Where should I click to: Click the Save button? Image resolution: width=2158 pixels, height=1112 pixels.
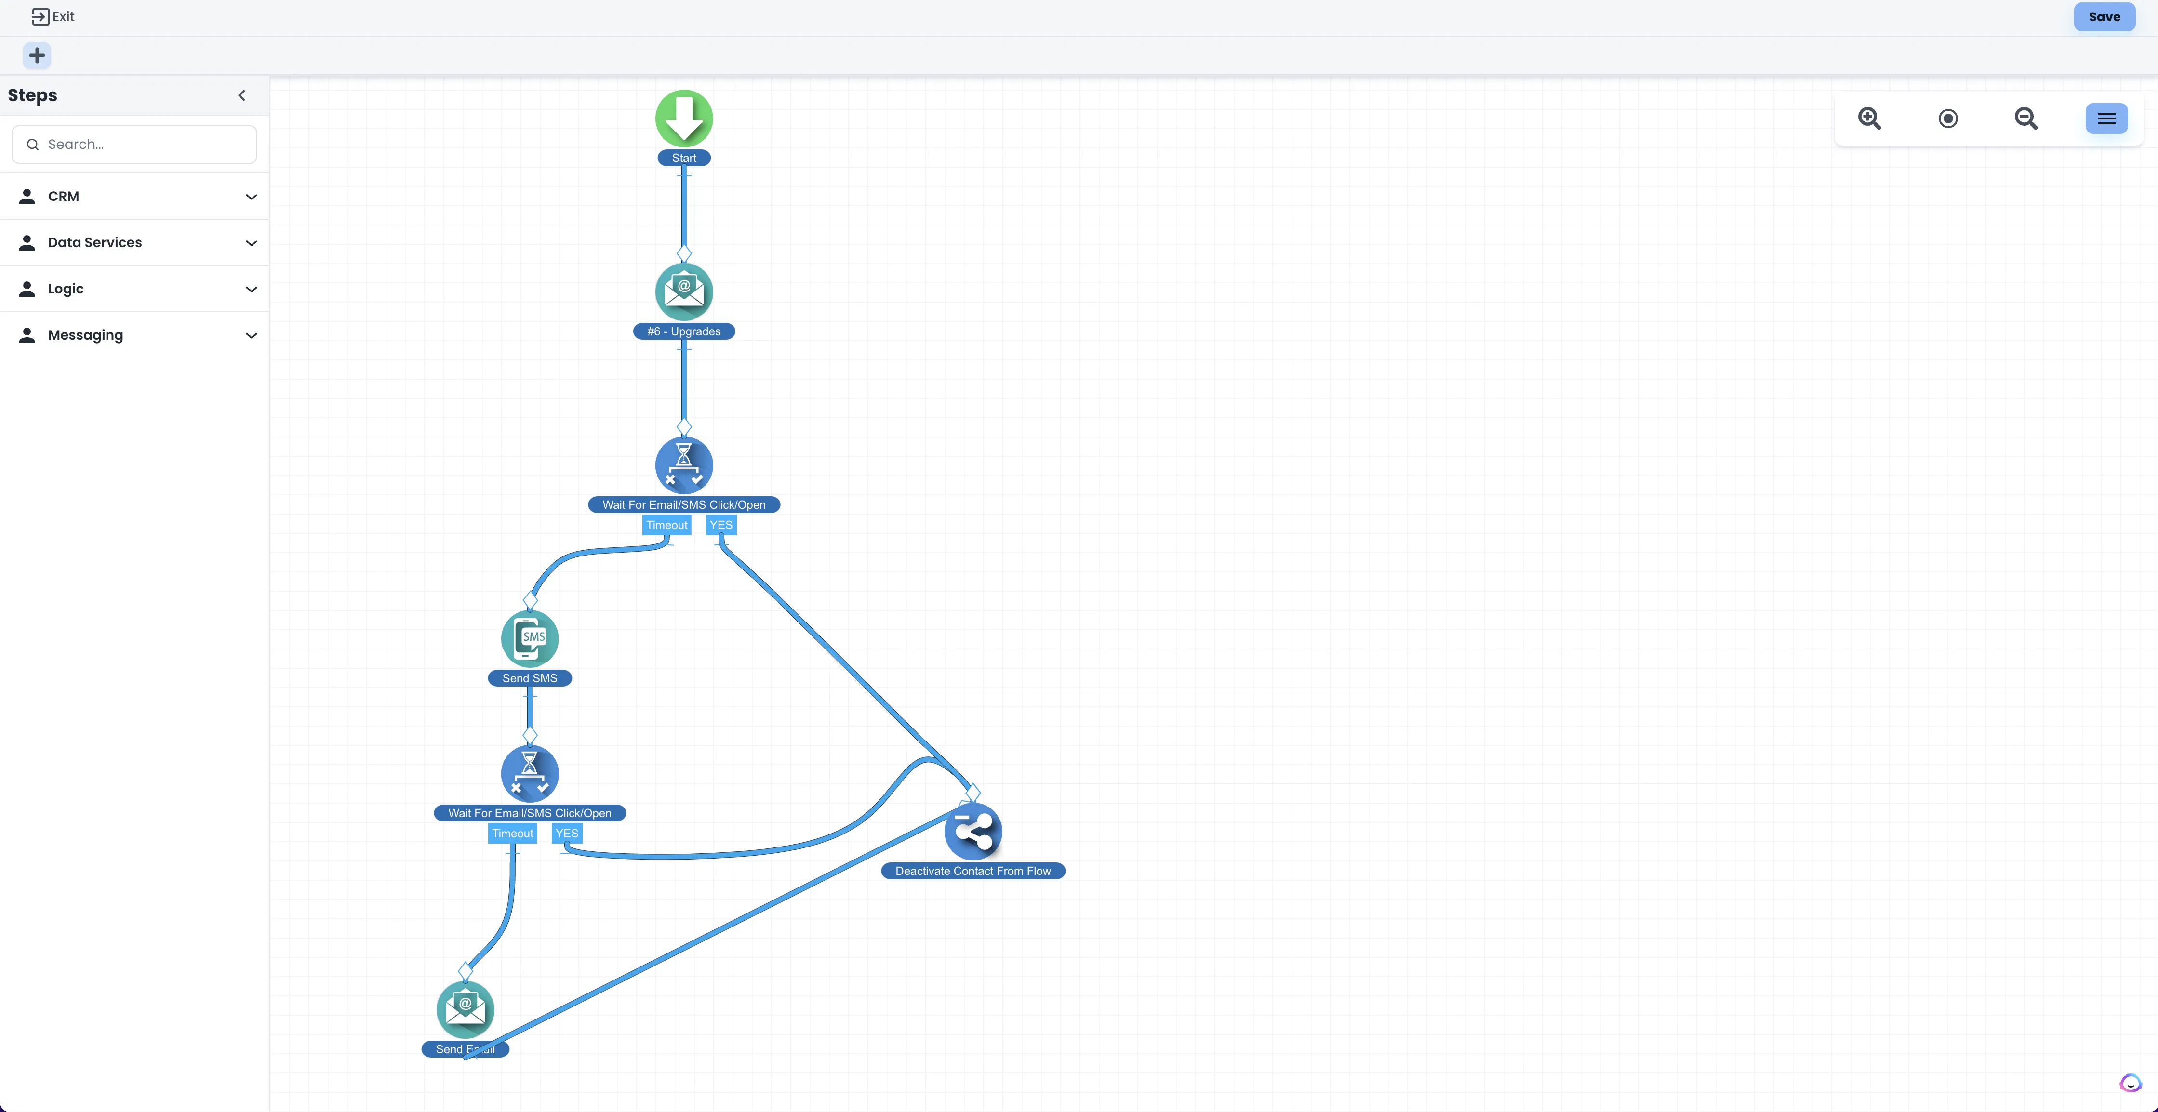point(2104,17)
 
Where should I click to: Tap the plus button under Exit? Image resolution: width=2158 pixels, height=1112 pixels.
point(37,56)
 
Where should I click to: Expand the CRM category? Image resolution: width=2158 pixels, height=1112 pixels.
point(134,196)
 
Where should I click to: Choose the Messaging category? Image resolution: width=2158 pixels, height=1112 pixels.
point(134,335)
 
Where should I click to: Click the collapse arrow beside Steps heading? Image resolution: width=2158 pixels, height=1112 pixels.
point(242,95)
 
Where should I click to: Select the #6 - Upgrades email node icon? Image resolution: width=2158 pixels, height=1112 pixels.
point(683,291)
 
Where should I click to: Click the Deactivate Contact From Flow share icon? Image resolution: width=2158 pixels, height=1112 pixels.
point(972,832)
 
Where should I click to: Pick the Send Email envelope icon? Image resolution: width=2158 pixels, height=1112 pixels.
point(465,1009)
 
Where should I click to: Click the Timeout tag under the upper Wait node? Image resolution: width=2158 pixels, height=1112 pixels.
point(667,525)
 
